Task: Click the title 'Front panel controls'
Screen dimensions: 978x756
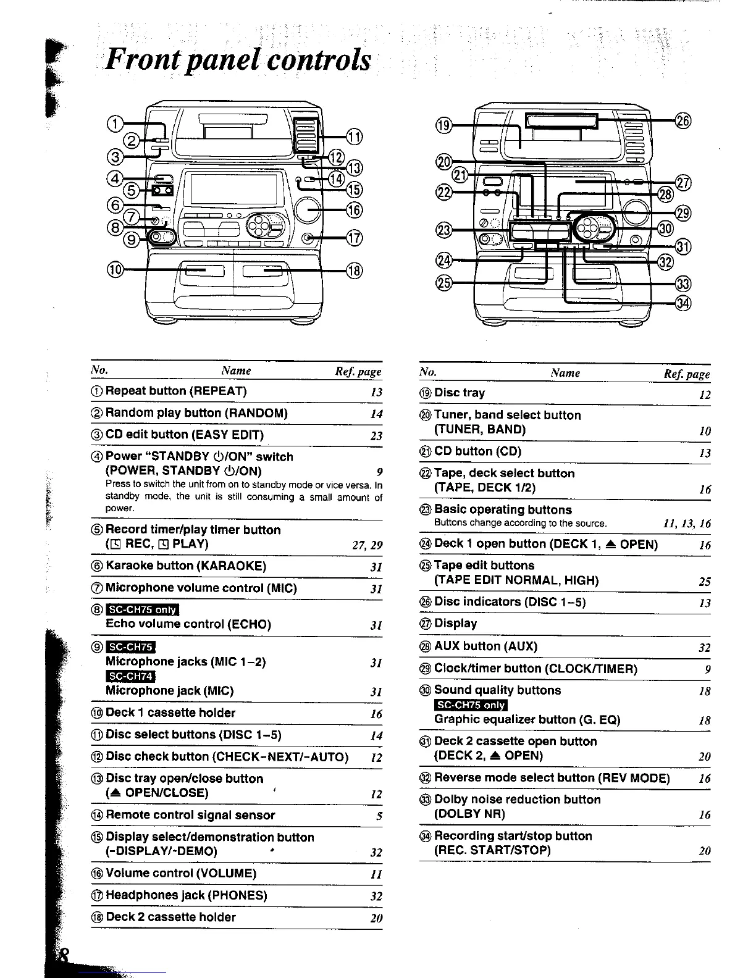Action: (x=238, y=61)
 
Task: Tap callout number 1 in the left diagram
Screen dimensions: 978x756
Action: (x=115, y=124)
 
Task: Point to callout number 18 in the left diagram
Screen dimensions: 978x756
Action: (x=355, y=270)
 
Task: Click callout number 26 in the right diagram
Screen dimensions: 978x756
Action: (x=682, y=120)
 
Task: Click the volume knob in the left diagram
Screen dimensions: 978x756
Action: (x=308, y=210)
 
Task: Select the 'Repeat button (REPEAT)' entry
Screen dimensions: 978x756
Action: (x=176, y=391)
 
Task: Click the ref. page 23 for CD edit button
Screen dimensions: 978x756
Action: (x=376, y=436)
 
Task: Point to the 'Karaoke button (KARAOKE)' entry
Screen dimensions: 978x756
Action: (x=186, y=566)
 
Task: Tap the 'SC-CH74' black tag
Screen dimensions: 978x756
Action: (x=130, y=677)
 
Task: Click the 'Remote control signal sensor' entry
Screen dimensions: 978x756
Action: (x=190, y=815)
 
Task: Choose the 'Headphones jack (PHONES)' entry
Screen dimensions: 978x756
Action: (x=187, y=895)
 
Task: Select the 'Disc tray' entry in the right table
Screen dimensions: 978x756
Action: (x=460, y=393)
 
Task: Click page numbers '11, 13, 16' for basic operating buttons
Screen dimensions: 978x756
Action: (x=686, y=524)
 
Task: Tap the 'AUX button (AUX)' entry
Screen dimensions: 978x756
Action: (x=485, y=646)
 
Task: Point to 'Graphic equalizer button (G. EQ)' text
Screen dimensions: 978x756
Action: (x=527, y=719)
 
